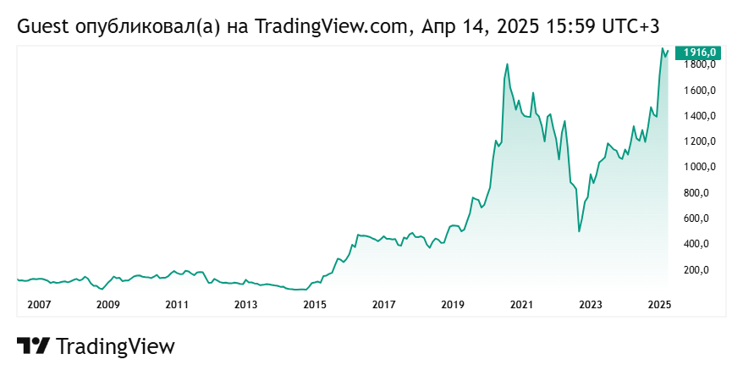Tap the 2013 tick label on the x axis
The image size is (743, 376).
tap(245, 304)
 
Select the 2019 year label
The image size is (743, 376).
tap(453, 304)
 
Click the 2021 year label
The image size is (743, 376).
tap(521, 304)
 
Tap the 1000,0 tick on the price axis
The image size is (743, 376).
tap(702, 167)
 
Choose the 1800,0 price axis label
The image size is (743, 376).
tap(702, 65)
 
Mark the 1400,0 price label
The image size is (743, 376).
tap(702, 116)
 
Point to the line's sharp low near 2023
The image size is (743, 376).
tap(579, 231)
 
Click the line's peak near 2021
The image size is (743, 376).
tap(507, 64)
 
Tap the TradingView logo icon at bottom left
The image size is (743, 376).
tap(33, 346)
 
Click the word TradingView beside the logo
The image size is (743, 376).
tap(115, 346)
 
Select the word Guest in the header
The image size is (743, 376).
tap(39, 27)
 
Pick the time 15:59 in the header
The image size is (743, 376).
tap(575, 27)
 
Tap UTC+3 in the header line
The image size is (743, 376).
tap(630, 27)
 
